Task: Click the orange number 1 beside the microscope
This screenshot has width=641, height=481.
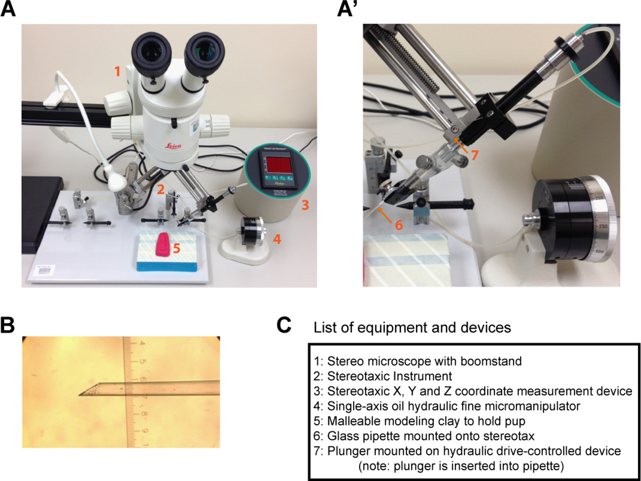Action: pyautogui.click(x=117, y=71)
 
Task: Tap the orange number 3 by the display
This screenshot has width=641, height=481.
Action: pyautogui.click(x=305, y=205)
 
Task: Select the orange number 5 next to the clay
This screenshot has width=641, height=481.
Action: pyautogui.click(x=176, y=248)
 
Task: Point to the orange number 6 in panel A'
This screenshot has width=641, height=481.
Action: pyautogui.click(x=399, y=225)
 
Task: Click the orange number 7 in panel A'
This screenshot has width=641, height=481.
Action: pyautogui.click(x=474, y=155)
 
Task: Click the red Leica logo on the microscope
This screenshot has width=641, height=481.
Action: pyautogui.click(x=173, y=146)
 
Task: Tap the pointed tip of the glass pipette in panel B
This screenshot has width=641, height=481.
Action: pyautogui.click(x=80, y=394)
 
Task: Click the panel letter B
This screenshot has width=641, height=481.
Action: pyautogui.click(x=7, y=325)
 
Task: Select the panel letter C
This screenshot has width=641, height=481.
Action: pyautogui.click(x=284, y=325)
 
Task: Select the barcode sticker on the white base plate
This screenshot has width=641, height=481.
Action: pyautogui.click(x=44, y=270)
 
